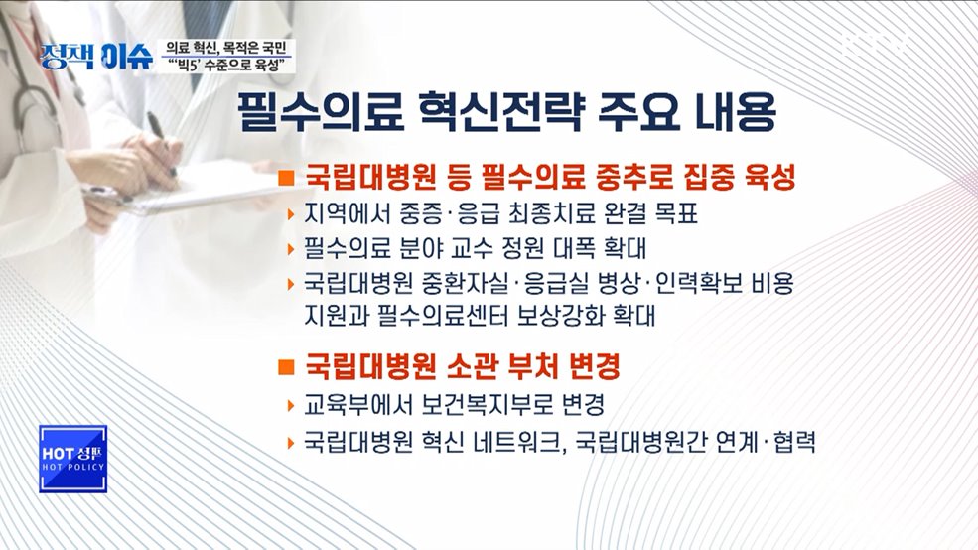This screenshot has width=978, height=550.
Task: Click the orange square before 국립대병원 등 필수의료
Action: tap(286, 180)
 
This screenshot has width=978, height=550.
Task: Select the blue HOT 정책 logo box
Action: tap(72, 459)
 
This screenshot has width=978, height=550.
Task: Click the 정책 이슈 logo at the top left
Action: tap(96, 56)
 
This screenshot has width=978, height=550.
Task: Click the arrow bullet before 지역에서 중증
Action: tap(288, 215)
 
